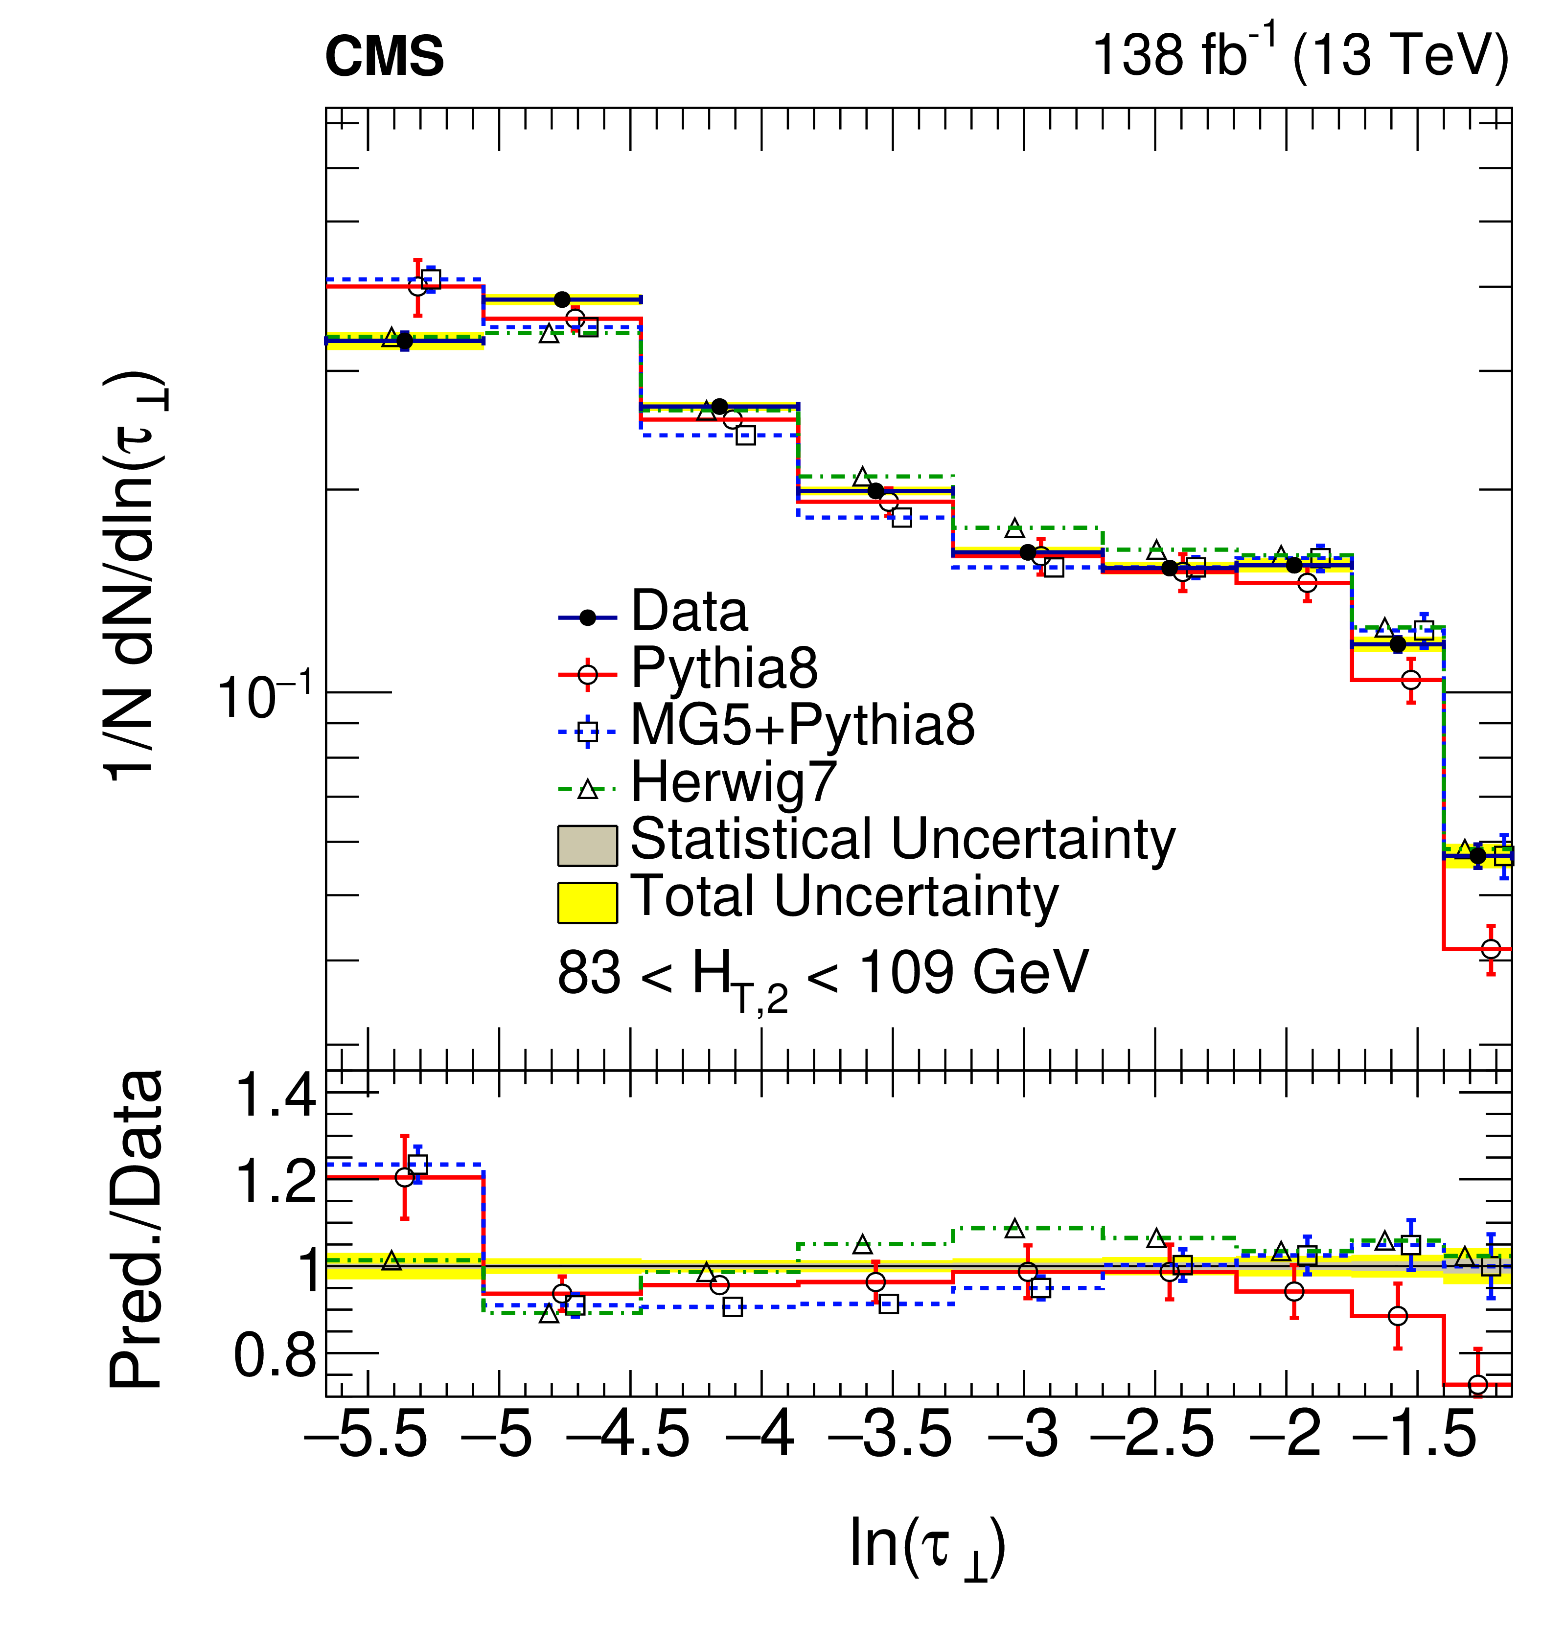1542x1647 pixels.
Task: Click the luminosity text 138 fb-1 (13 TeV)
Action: click(1300, 55)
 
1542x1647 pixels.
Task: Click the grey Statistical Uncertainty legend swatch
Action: click(587, 845)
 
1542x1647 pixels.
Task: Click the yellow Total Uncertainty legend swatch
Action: click(587, 902)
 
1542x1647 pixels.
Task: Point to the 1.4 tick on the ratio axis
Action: click(276, 1095)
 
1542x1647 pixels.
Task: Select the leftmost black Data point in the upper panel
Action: click(404, 341)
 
